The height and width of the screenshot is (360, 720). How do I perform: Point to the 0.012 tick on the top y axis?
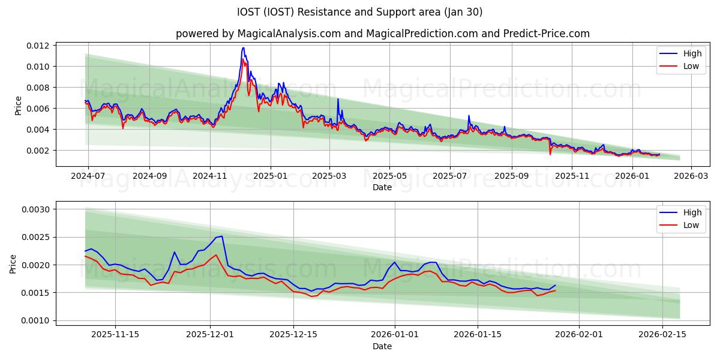tap(37, 46)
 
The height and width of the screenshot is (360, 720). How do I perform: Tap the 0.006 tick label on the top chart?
tap(37, 109)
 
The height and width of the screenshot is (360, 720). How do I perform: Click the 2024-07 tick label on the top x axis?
tap(88, 176)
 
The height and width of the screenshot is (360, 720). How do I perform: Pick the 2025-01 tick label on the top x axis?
tap(270, 176)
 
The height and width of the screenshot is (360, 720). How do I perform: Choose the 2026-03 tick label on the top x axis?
tap(691, 176)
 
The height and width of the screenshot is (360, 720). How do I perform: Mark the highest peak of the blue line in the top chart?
tap(243, 48)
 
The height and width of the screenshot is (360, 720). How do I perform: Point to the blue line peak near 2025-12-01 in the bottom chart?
tap(222, 236)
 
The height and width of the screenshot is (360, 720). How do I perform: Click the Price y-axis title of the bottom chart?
tap(13, 264)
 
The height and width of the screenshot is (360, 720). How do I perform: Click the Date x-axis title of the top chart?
tap(382, 187)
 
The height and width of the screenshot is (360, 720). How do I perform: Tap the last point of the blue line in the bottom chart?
tap(555, 285)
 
